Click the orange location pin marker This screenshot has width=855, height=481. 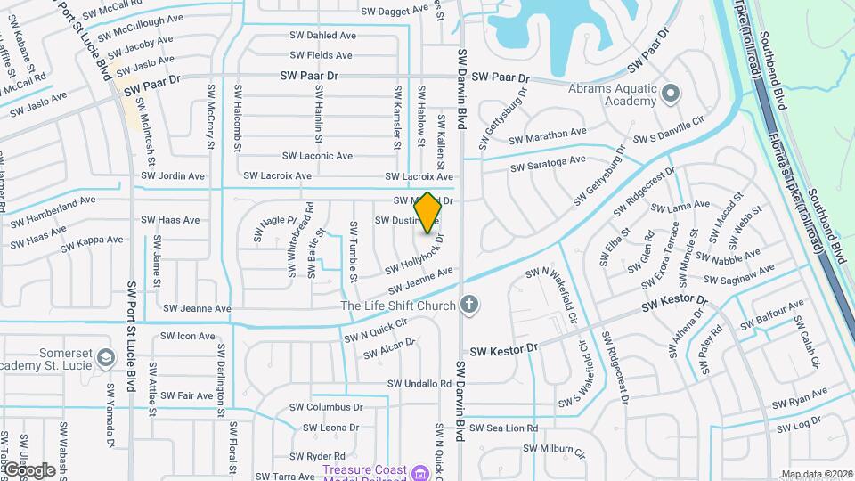click(427, 213)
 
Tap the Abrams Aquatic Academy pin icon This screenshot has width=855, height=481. click(670, 92)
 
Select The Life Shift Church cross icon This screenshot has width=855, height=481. click(469, 306)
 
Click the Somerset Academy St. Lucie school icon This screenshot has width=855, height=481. click(106, 358)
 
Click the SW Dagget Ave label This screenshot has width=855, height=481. click(395, 11)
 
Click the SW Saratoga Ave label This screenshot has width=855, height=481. click(548, 164)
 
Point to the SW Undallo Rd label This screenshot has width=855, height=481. click(419, 384)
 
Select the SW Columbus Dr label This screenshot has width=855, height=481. click(326, 407)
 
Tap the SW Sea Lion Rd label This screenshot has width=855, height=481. click(505, 428)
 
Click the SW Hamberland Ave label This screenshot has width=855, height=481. click(53, 203)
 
